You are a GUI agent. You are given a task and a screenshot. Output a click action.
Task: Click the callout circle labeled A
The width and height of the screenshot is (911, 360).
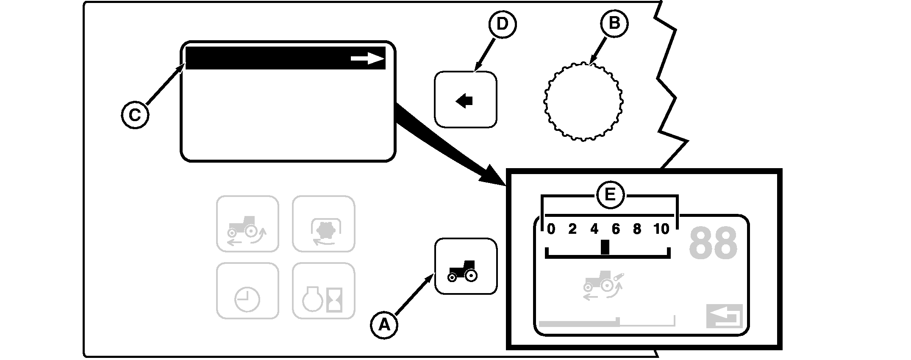[x=384, y=325]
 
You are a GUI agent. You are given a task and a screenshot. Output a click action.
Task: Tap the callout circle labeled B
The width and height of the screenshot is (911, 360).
[x=614, y=23]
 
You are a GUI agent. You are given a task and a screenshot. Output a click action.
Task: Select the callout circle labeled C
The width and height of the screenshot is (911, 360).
[x=135, y=115]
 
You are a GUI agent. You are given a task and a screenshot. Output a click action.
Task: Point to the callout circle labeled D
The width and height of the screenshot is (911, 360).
[x=502, y=24]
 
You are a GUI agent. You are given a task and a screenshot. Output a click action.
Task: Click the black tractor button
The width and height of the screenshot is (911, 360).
[x=465, y=266]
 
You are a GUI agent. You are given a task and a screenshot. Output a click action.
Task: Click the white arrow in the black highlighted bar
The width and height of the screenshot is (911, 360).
[x=367, y=59]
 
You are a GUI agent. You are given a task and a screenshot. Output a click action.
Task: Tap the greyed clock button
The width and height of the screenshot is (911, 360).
[x=247, y=291]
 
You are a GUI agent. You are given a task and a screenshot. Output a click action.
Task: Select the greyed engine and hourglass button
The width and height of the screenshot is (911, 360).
[x=323, y=291]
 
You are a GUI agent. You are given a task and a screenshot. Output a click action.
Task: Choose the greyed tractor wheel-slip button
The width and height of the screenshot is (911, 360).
[x=247, y=224]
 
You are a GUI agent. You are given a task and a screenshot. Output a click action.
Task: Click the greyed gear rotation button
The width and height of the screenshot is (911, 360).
[x=323, y=224]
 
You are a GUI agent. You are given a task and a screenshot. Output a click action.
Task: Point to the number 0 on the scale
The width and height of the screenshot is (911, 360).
[x=550, y=229]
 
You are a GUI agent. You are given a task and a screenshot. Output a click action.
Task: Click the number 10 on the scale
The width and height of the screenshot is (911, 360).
[x=661, y=229]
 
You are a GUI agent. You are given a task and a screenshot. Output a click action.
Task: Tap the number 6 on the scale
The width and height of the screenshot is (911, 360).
[x=616, y=229]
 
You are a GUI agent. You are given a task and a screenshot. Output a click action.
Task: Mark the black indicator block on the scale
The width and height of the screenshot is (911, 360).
[x=605, y=247]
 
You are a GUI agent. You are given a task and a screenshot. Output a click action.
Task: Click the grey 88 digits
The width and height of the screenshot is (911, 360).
[x=713, y=244]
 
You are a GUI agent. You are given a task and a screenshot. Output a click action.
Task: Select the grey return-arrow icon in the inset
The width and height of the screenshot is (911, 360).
[x=724, y=316]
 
